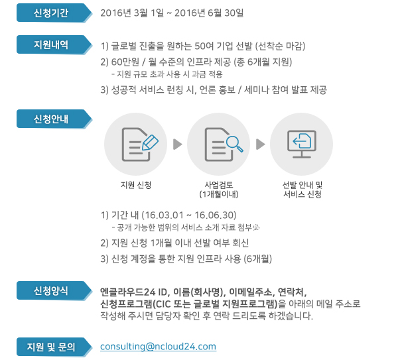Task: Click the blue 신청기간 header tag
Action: [x=54, y=13]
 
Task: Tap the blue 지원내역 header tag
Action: [x=54, y=44]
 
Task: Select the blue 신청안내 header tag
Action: [x=54, y=119]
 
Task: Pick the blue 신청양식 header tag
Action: [x=54, y=290]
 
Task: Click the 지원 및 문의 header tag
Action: [x=54, y=347]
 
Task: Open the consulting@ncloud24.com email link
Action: [x=158, y=347]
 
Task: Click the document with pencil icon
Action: [x=140, y=145]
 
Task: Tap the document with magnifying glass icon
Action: [x=224, y=145]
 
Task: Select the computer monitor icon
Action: [x=302, y=144]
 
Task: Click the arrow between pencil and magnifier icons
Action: [x=177, y=145]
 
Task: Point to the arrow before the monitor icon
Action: [x=261, y=145]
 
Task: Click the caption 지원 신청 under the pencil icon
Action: [x=136, y=185]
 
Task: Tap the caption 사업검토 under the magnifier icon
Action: [x=219, y=185]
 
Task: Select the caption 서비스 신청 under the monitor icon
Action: [x=302, y=194]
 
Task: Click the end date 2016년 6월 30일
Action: [x=209, y=13]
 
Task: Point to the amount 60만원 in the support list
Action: [x=125, y=62]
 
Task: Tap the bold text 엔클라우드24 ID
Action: [x=133, y=292]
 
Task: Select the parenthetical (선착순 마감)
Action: [x=280, y=46]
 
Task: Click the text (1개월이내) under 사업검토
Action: [x=219, y=194]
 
